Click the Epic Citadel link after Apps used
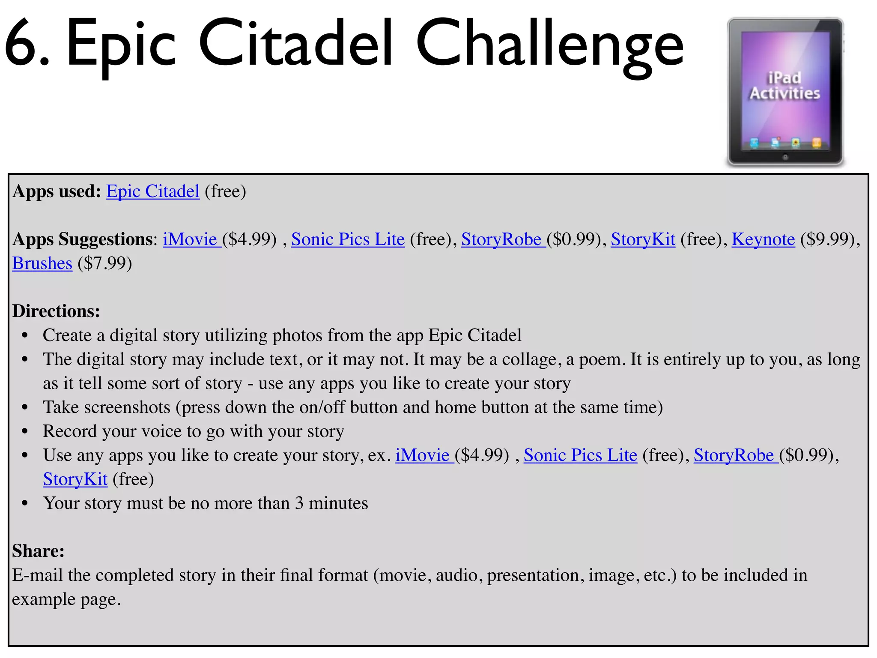click(x=152, y=191)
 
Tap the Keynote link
click(x=763, y=239)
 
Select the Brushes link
click(x=42, y=263)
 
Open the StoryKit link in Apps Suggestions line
click(x=643, y=239)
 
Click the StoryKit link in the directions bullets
click(x=75, y=479)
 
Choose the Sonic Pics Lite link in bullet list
click(x=580, y=455)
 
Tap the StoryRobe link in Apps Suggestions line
click(x=501, y=239)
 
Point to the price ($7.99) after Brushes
click(x=104, y=263)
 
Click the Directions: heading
click(x=56, y=311)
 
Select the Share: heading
click(x=38, y=551)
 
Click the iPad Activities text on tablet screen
click(x=784, y=86)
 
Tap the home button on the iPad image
click(x=785, y=157)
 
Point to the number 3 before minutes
click(x=299, y=503)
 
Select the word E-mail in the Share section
click(x=37, y=575)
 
